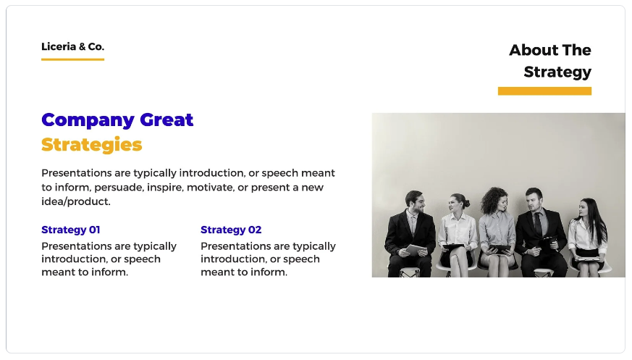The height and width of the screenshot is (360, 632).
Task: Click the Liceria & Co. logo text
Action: point(72,47)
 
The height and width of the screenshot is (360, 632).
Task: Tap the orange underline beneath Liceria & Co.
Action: point(72,59)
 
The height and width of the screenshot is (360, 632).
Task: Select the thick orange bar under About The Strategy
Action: point(544,91)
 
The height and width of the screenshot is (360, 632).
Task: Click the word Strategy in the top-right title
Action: point(557,72)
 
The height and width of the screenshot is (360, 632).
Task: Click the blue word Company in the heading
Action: point(88,120)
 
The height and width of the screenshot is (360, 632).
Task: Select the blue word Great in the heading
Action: point(167,120)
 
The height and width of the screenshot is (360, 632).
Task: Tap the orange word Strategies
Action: point(91,145)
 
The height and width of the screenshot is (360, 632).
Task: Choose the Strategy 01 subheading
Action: point(70,230)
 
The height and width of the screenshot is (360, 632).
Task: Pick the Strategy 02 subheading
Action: point(231,230)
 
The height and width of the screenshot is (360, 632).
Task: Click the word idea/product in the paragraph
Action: point(76,201)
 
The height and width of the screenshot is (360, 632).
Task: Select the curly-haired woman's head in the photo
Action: point(495,199)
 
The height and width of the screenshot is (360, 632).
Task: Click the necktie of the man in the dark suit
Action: point(538,224)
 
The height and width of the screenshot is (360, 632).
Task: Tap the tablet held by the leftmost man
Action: point(415,250)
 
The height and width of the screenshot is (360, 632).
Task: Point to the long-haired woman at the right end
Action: point(589,238)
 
